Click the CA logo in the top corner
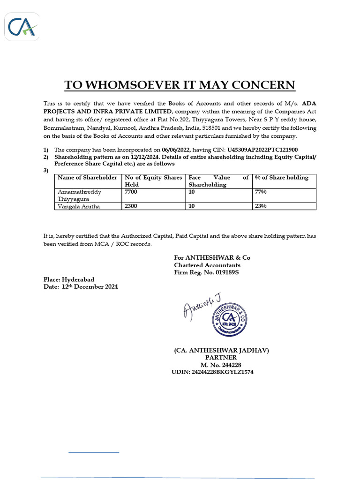coord(22,26)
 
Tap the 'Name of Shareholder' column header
coord(87,178)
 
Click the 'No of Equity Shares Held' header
coord(153,181)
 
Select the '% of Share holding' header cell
coord(282,178)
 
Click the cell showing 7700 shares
coord(133,192)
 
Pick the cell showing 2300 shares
coord(133,206)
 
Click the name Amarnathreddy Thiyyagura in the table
coord(79,195)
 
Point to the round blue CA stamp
coord(230,318)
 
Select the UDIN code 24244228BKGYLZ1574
coord(213,372)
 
